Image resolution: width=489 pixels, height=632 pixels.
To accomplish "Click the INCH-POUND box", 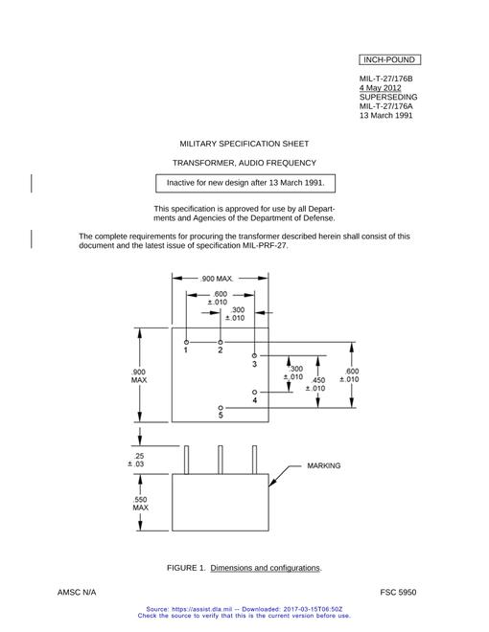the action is pos(389,59).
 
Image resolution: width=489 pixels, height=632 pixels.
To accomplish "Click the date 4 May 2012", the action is pos(380,88).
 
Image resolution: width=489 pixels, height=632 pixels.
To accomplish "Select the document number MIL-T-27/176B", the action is pos(386,79).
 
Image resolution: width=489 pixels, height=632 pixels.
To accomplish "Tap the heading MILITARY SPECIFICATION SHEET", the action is pos(244,144).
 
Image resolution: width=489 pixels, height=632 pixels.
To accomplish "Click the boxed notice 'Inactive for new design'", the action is pos(245,184).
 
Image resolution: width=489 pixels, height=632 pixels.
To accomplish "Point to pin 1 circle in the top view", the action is pos(186,342).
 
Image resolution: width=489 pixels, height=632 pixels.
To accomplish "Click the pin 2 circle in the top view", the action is pos(221,342).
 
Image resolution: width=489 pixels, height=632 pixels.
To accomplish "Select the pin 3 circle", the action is pos(254,356).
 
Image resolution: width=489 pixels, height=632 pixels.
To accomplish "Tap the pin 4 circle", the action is pos(254,393).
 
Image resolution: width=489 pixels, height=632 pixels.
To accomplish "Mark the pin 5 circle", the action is pos(221,408).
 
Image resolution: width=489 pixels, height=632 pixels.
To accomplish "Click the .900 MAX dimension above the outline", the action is pos(217,279).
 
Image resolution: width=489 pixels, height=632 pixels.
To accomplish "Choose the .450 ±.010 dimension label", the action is pos(315,385).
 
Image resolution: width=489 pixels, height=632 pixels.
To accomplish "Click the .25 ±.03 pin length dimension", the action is pos(136,460).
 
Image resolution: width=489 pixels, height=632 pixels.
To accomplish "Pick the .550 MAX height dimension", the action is pos(140,504).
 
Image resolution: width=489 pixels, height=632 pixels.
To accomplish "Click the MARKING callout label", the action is pos(324,465).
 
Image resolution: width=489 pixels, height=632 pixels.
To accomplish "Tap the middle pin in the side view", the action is pos(221,460).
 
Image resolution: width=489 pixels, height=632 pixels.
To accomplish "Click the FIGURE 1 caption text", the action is pos(244,568).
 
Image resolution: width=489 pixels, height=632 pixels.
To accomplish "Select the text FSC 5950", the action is pos(398,592).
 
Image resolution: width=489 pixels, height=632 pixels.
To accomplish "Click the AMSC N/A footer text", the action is pos(77,592).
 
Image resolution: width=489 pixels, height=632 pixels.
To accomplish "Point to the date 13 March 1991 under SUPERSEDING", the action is pos(386,115).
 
